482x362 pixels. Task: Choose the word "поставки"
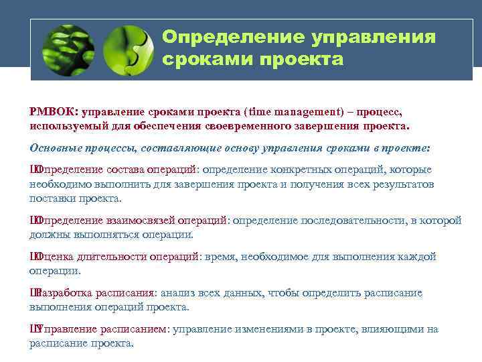pyautogui.click(x=51, y=198)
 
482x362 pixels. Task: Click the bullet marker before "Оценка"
pyautogui.click(x=33, y=256)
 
